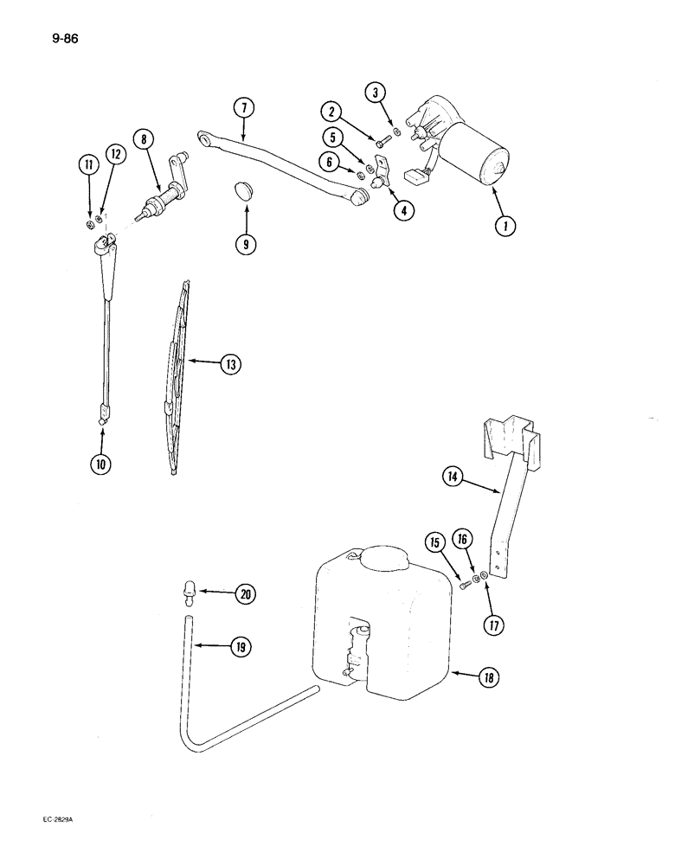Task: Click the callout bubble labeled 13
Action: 229,365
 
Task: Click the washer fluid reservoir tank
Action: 381,623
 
